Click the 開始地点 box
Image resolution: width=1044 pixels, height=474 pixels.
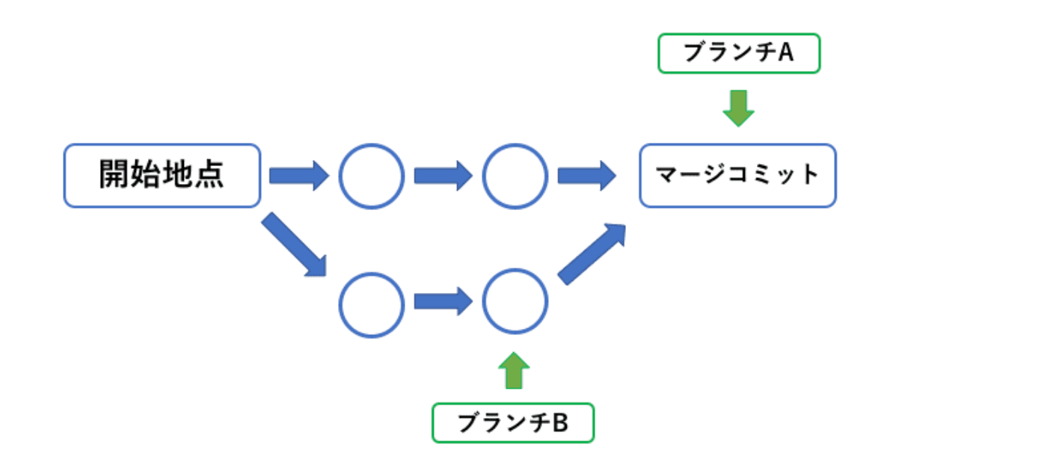click(162, 176)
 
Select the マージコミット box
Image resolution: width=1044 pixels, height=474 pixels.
click(737, 176)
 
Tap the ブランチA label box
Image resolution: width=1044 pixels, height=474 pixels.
click(739, 53)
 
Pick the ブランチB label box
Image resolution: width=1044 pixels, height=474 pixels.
click(513, 423)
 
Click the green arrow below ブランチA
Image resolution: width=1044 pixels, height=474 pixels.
click(739, 108)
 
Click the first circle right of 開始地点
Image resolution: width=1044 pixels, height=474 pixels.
click(372, 176)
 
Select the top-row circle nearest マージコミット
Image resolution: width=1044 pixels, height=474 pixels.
click(515, 176)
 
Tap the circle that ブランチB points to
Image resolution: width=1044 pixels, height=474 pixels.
click(515, 302)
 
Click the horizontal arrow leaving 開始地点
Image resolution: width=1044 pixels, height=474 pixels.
click(298, 176)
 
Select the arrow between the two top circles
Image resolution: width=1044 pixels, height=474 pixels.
click(443, 176)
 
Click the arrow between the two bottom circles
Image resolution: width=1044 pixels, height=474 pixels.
click(443, 302)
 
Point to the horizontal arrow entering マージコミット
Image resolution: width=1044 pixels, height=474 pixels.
click(586, 176)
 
